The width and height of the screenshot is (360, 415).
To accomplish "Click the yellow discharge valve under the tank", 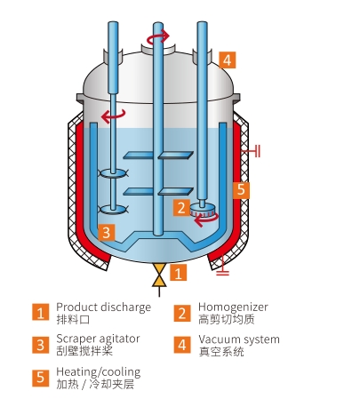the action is [159, 275].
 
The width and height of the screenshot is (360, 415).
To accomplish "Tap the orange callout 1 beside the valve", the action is [178, 273].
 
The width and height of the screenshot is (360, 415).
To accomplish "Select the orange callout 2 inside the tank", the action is [181, 208].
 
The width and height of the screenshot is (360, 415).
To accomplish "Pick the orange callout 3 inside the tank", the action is [107, 232].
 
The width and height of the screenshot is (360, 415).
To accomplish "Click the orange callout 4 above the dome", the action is [228, 60].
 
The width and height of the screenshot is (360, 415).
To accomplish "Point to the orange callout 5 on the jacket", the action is [241, 189].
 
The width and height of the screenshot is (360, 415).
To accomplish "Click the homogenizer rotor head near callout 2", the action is [203, 211].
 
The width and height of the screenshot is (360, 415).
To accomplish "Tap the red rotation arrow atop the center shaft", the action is [159, 36].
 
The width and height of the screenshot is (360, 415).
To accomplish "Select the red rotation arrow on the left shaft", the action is [113, 116].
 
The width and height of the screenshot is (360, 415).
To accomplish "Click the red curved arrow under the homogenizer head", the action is [206, 219].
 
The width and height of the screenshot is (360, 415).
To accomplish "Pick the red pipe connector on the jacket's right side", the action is [251, 151].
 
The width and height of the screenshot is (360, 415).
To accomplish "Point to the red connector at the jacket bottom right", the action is [222, 266].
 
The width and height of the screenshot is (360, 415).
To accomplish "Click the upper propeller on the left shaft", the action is [114, 173].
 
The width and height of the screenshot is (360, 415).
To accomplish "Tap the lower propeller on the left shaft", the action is [114, 210].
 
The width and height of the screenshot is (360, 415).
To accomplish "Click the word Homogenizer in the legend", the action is [233, 307].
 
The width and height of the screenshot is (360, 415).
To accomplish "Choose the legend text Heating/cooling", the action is [99, 372].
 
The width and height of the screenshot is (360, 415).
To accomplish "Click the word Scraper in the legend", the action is [76, 339].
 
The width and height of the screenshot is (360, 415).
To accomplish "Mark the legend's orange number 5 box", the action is [41, 378].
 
